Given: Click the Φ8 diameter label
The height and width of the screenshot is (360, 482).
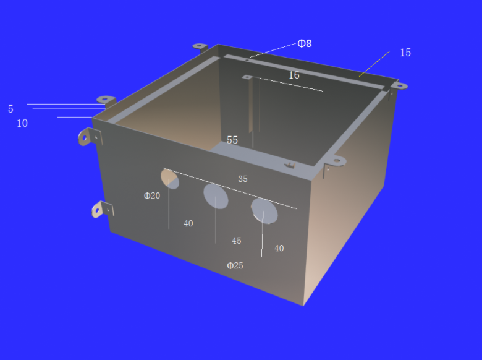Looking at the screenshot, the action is click(304, 44).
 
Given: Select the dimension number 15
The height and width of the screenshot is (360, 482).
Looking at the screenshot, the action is click(405, 53).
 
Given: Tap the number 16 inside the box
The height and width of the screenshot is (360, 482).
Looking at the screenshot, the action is click(294, 75).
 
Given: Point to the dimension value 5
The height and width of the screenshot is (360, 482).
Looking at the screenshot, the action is click(11, 109).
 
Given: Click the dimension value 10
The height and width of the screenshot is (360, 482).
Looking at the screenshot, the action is click(22, 123).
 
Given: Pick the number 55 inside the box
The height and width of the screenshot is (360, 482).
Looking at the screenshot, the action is click(232, 140).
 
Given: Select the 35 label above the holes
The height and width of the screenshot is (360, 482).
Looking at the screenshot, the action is click(243, 179).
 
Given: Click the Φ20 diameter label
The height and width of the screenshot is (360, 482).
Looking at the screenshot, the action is click(152, 195).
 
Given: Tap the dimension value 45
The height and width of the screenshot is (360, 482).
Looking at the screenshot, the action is click(237, 241).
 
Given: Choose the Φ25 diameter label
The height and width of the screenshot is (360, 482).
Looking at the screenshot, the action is click(235, 265).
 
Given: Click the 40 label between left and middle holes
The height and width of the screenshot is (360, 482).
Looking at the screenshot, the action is click(188, 223).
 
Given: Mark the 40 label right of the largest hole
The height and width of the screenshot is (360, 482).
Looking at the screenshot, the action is click(279, 248).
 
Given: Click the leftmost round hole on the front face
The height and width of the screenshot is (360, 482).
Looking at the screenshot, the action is click(170, 179).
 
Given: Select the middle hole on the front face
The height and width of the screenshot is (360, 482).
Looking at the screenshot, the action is click(216, 196).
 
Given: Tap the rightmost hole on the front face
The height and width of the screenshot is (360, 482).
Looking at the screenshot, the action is click(264, 211).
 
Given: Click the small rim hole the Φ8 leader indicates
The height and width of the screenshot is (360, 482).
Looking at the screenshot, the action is click(247, 60).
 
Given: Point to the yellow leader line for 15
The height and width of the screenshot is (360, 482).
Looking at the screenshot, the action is click(374, 64).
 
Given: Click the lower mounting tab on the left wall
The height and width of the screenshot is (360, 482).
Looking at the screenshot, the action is click(103, 209).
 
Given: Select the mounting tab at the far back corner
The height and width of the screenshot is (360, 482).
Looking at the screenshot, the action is click(200, 46).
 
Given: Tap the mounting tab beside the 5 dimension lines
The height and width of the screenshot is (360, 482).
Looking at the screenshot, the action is click(106, 100).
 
